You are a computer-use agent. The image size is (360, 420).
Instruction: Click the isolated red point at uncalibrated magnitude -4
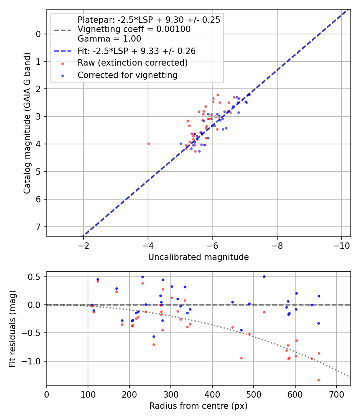coord(149,144)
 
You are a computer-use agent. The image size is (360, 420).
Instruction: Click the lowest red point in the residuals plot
coord(318,380)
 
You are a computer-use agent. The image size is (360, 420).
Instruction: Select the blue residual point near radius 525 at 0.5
coord(264,276)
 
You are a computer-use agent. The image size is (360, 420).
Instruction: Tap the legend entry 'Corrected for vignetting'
coord(128,75)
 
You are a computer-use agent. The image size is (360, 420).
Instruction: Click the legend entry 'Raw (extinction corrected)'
coord(132,63)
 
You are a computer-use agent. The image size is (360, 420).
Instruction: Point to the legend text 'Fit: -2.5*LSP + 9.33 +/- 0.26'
coord(137,51)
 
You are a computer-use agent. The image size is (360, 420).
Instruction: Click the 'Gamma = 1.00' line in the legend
coord(109,38)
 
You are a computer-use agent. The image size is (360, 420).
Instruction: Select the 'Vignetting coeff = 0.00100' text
coord(134,29)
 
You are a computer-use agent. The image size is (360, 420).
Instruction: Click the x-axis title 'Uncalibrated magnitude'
coord(198,257)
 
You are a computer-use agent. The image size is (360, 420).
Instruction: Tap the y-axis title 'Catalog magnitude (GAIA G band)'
coord(27,123)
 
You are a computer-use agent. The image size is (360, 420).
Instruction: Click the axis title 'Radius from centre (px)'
coord(198,406)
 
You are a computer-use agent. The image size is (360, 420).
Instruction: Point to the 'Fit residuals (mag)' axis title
coord(12,329)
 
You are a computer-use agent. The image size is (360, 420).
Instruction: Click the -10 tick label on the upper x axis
coord(342,246)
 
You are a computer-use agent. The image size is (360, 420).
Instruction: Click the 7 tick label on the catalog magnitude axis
coord(38,227)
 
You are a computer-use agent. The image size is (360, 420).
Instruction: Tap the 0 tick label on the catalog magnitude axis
coord(38,34)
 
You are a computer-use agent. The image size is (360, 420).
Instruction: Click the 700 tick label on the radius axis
coord(336,394)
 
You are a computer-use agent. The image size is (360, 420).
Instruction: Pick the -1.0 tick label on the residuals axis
coord(30,361)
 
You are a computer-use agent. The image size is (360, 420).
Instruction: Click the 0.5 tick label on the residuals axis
coord(34,277)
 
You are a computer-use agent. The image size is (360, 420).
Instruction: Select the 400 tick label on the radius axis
coord(212,394)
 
